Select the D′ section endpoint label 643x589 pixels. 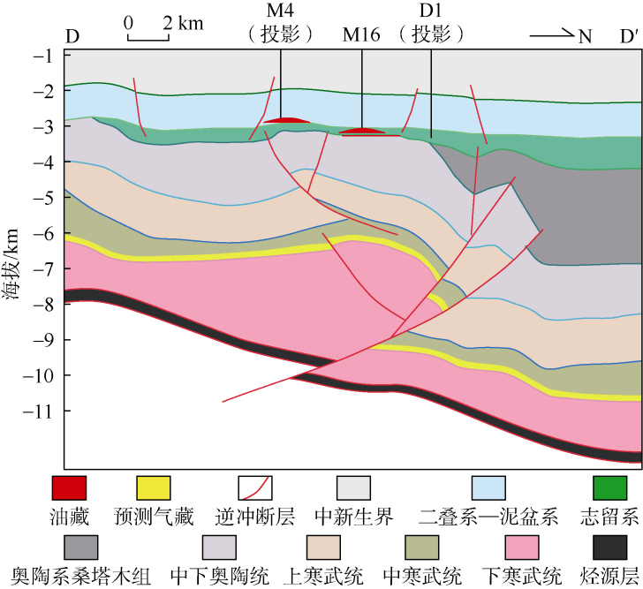(629, 37)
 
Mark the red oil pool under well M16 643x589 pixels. (362, 132)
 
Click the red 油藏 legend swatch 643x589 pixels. (68, 487)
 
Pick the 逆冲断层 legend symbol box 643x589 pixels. (254, 487)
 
